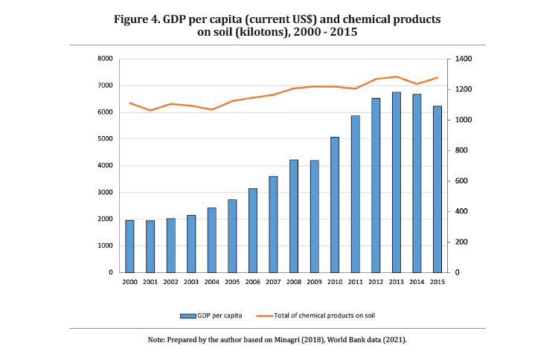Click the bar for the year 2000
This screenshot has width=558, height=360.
tap(129, 246)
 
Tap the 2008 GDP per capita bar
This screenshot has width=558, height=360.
tap(294, 216)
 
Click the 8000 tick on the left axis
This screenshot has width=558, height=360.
tap(106, 59)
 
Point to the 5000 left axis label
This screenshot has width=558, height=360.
tap(106, 139)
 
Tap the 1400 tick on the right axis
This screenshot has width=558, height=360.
tap(455, 59)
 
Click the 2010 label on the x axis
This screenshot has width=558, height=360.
tap(335, 283)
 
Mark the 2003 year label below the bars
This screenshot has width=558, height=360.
tap(191, 283)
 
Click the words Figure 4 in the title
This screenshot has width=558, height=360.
tap(138, 19)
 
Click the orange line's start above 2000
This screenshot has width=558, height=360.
tap(129, 103)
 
